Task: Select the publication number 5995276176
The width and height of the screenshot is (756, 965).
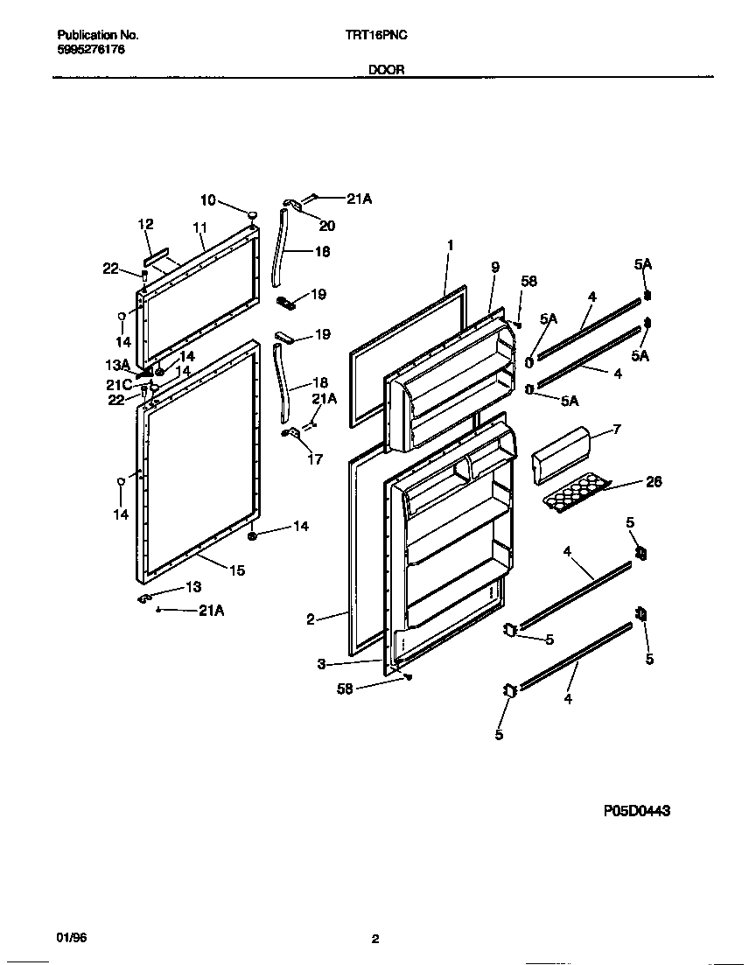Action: pos(91,50)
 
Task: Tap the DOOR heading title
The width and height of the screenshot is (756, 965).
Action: pos(386,70)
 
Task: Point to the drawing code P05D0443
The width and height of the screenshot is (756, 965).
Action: pos(637,811)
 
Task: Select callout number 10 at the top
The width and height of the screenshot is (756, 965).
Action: pos(207,200)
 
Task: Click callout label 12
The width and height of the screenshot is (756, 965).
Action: pos(145,225)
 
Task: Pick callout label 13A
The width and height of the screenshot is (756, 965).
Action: pos(118,365)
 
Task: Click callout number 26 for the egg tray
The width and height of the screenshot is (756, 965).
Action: pos(653,481)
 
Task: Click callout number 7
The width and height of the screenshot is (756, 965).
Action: pos(616,430)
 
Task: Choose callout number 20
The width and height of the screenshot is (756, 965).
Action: pos(326,226)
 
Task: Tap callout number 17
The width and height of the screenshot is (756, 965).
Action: pos(315,458)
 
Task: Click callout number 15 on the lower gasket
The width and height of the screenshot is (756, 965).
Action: pos(236,570)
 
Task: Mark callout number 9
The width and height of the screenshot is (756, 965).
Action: pos(494,269)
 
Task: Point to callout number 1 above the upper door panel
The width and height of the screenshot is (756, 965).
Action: pos(450,246)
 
